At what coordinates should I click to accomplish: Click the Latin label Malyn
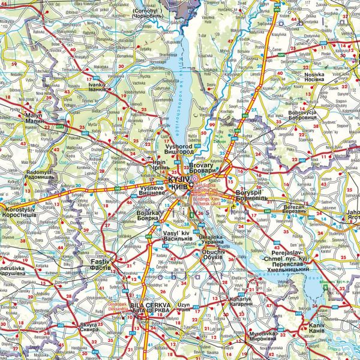(x=34, y=115)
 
